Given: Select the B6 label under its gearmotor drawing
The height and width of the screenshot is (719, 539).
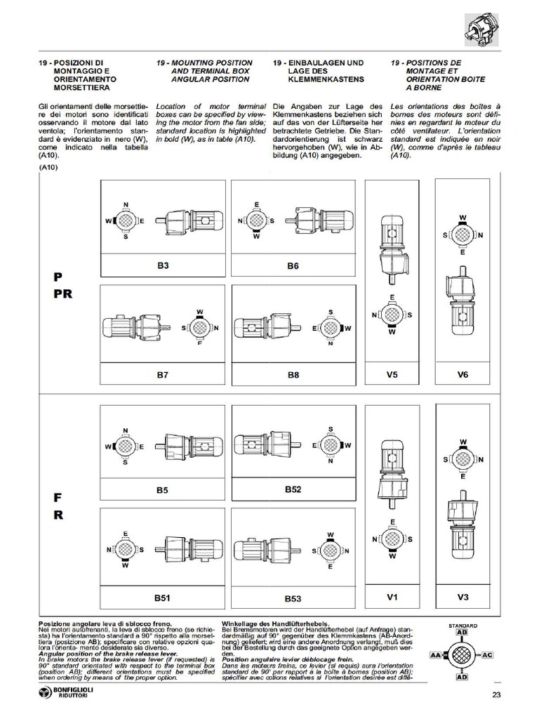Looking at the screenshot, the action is [x=293, y=266].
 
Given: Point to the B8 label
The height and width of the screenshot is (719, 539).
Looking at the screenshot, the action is [x=293, y=375].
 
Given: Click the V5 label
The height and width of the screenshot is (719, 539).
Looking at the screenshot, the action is [x=393, y=374].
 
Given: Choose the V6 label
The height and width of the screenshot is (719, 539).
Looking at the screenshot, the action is [x=463, y=374].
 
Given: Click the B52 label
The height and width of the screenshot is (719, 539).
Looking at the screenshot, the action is [x=293, y=489].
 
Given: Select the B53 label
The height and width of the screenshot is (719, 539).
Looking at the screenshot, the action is [x=293, y=599].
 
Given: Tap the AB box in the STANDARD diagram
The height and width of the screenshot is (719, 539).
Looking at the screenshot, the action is [x=462, y=632].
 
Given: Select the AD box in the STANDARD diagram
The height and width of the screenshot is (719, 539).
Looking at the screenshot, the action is [x=462, y=678].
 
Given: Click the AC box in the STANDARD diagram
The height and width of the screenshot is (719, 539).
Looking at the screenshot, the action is [x=489, y=654].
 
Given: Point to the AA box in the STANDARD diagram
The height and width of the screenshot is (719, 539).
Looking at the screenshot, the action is [x=435, y=654].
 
